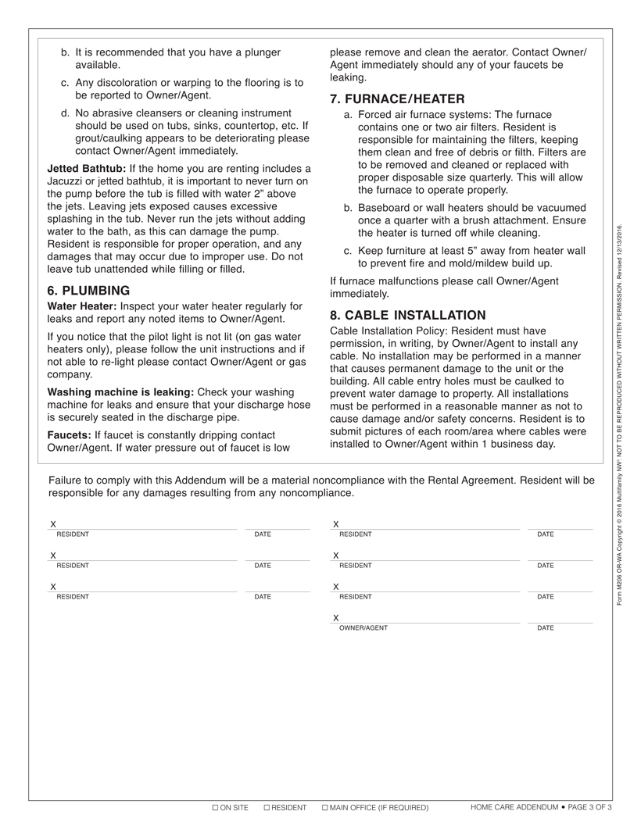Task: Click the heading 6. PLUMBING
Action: [x=88, y=291]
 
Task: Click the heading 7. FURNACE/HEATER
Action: [x=397, y=99]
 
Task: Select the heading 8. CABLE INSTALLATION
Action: [x=407, y=316]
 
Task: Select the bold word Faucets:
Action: [x=69, y=435]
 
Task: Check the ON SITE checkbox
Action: [x=216, y=807]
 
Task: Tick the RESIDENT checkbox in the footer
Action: [x=267, y=807]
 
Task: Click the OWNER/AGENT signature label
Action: [x=363, y=628]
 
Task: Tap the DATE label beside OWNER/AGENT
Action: [x=546, y=628]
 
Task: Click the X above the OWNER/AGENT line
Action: [x=336, y=618]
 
